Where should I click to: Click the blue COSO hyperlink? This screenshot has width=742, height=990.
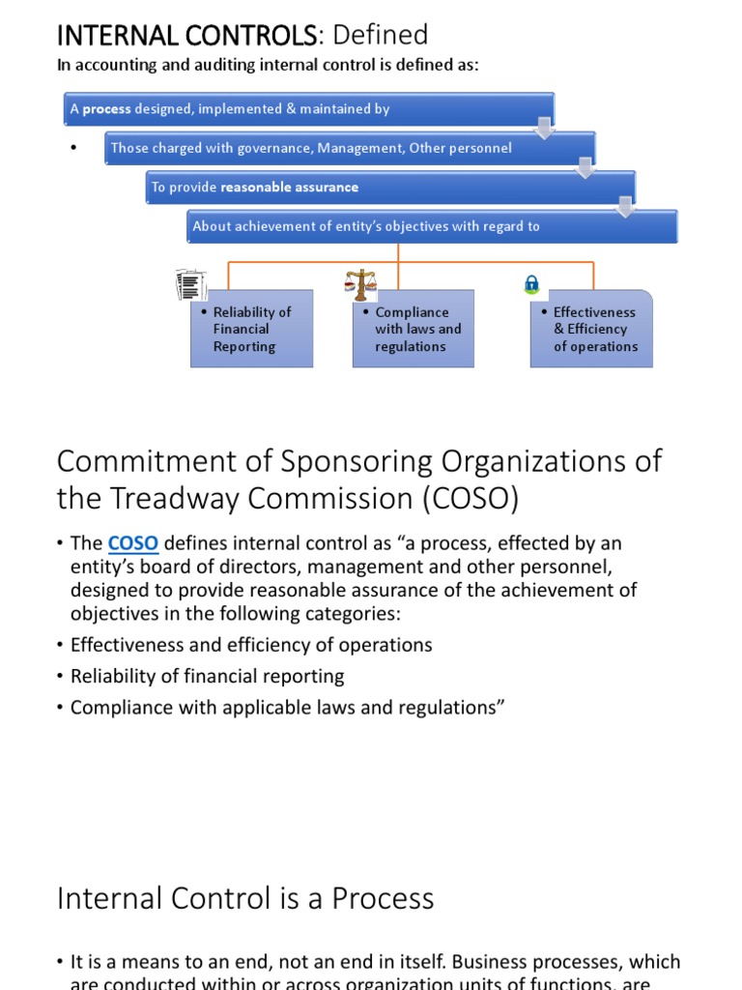(132, 543)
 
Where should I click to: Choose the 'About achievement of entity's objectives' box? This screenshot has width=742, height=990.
(431, 226)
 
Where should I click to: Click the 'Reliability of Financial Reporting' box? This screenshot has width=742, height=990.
(251, 329)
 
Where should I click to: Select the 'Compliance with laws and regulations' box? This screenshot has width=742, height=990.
(414, 329)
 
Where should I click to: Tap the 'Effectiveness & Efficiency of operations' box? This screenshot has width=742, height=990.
(591, 329)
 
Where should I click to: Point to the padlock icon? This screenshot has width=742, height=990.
(531, 283)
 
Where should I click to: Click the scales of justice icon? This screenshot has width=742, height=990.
(361, 284)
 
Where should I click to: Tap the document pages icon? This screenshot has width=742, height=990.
(191, 286)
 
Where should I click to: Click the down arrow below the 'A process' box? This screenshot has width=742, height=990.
(545, 129)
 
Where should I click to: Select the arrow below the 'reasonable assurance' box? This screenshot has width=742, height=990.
(626, 207)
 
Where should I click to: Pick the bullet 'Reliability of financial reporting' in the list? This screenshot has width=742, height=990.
(208, 677)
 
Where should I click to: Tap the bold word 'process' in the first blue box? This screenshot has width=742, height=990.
(106, 109)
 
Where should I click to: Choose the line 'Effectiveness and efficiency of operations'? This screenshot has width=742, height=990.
(251, 645)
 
